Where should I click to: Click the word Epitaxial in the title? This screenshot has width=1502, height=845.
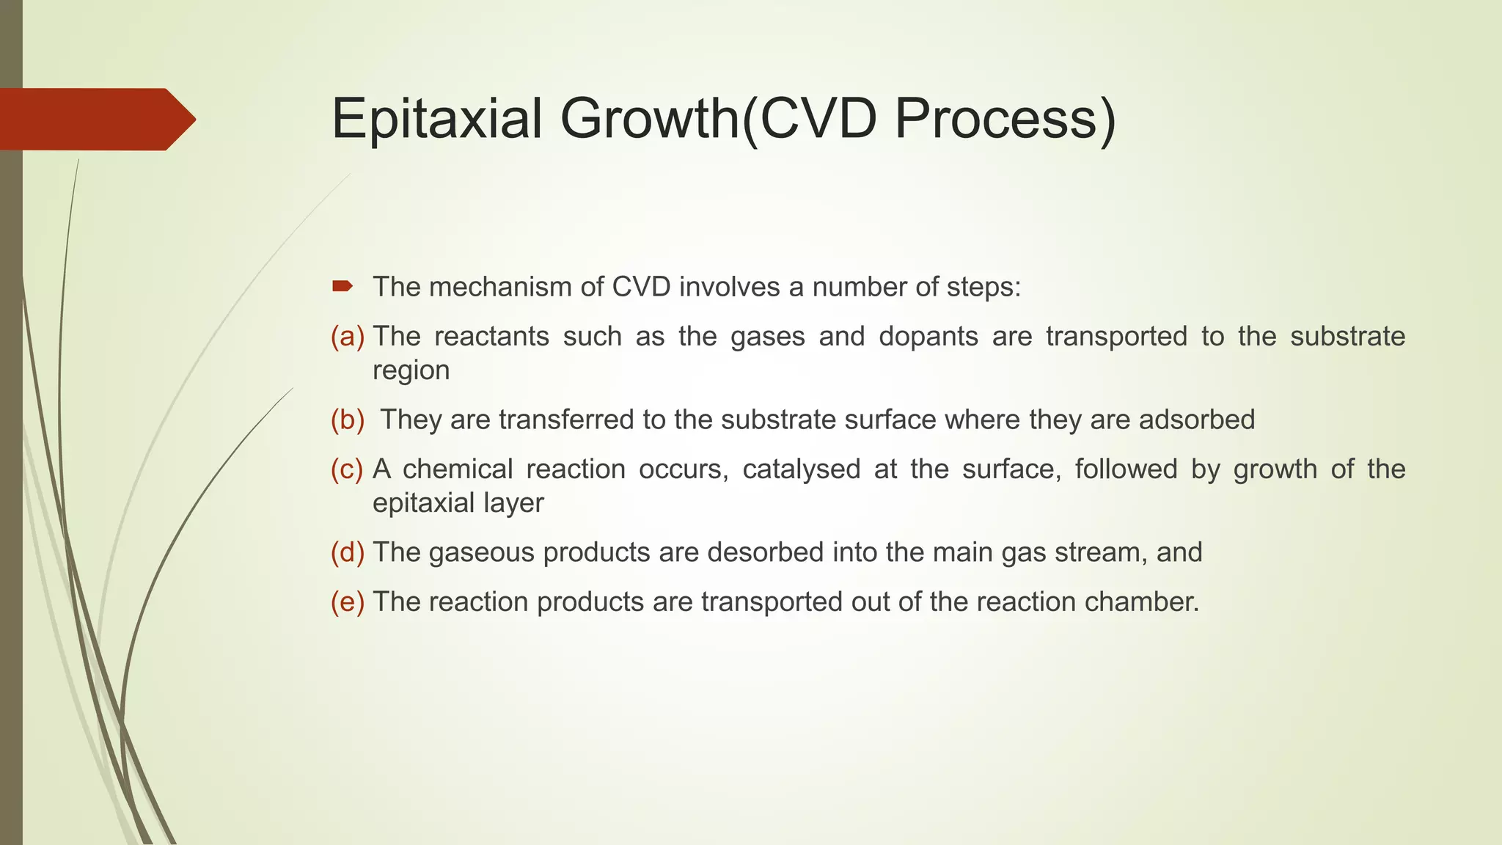click(x=437, y=119)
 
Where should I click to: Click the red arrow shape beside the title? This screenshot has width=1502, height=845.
click(x=95, y=119)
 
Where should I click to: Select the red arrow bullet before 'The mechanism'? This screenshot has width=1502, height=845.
click(x=342, y=286)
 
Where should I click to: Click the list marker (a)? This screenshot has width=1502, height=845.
click(x=347, y=337)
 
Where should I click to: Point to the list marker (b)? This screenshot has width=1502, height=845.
click(x=347, y=420)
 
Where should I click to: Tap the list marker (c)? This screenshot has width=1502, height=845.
click(x=347, y=469)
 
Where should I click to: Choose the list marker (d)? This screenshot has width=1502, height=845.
click(x=347, y=552)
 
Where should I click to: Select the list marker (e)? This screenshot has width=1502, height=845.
click(x=347, y=602)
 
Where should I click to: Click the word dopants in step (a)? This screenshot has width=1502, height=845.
click(x=928, y=337)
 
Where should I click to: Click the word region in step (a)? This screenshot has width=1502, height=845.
click(x=411, y=371)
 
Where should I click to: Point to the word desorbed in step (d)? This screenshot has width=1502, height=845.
click(x=766, y=552)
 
